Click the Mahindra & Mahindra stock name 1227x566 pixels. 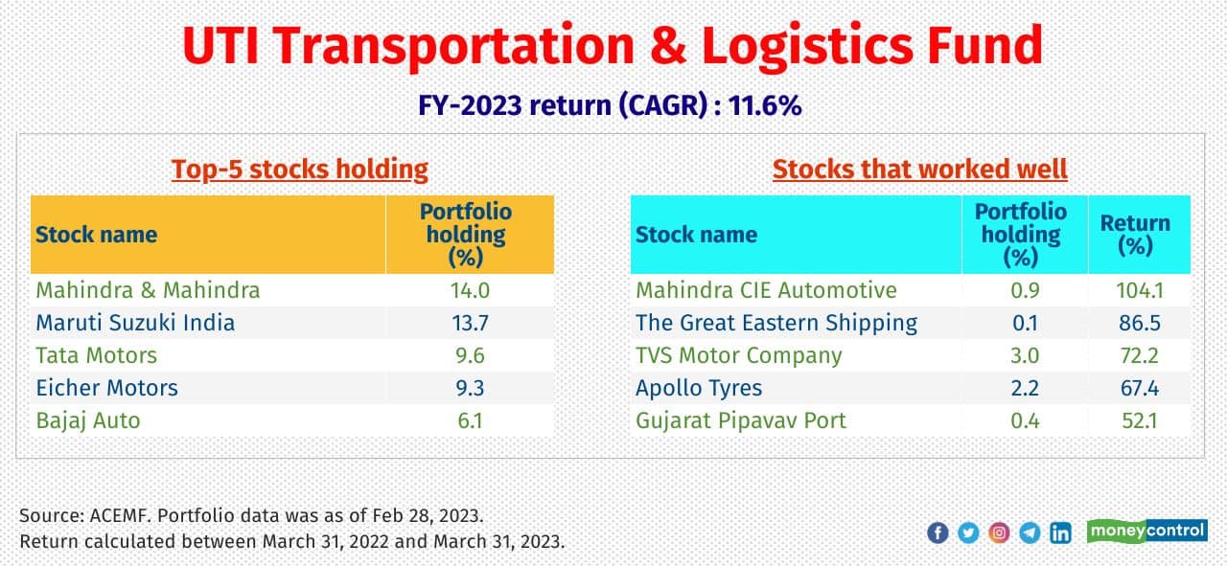coord(148,290)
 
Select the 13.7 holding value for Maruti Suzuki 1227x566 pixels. coord(469,323)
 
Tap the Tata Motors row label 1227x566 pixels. coord(96,355)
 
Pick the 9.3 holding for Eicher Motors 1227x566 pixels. coord(469,388)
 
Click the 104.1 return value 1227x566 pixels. coord(1139,290)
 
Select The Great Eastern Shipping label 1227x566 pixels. coord(776,323)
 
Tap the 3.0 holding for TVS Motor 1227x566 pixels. coord(1024,355)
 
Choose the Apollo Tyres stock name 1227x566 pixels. coord(699,388)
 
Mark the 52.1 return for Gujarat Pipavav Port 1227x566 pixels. coord(1139,420)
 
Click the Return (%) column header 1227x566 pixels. coord(1135,235)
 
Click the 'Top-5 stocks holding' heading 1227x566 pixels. coord(299,170)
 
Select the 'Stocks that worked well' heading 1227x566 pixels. coord(919,170)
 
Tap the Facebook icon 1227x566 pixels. coord(938,533)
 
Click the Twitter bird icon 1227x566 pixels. coord(968,533)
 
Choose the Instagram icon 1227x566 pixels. coord(999,533)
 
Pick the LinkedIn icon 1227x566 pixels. coord(1060,533)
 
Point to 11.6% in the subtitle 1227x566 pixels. coord(764,106)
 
